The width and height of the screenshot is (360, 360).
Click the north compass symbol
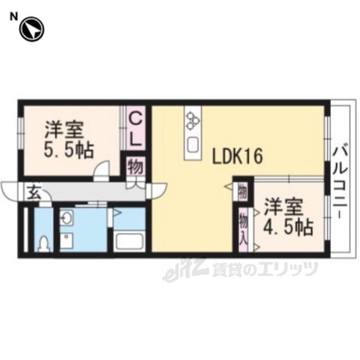point(31,29)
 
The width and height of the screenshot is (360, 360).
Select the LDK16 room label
point(237,156)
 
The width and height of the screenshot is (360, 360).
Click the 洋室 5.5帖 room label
point(69,140)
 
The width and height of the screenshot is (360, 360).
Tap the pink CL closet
point(136,128)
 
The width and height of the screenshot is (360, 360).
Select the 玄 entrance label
point(34,192)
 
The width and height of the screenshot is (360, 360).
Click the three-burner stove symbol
point(192,120)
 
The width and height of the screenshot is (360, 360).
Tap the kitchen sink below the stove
point(193,145)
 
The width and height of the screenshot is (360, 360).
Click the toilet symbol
point(44,244)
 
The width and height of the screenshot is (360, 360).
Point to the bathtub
point(129,241)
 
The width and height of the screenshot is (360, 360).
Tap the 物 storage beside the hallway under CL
point(136,166)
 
